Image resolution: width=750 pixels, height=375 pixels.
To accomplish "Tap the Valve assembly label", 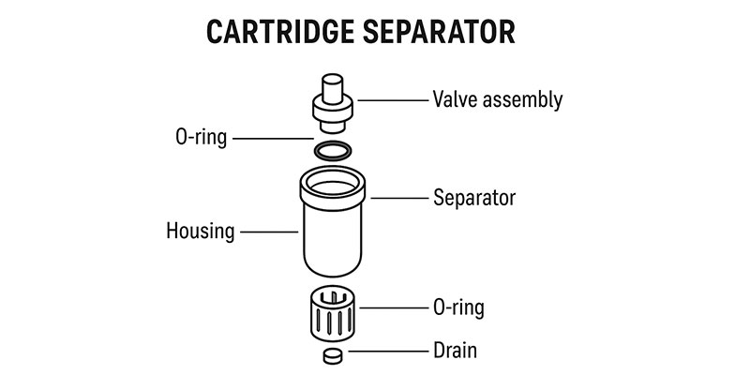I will (497, 99).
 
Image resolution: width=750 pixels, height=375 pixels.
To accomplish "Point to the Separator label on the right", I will (474, 198).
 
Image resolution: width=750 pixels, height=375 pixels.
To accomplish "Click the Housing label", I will (200, 230).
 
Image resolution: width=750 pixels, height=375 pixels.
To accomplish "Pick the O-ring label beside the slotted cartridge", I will (458, 307).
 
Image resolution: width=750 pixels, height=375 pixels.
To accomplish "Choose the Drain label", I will (455, 352).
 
